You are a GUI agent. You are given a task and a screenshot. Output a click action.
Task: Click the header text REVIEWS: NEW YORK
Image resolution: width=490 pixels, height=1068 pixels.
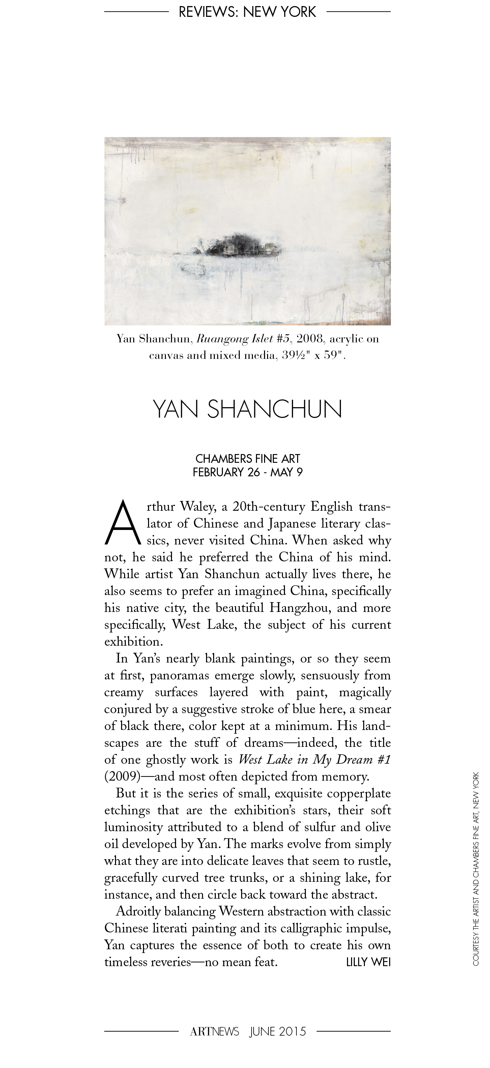(x=247, y=12)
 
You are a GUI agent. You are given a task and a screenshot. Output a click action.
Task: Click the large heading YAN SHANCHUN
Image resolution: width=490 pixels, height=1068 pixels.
(x=248, y=409)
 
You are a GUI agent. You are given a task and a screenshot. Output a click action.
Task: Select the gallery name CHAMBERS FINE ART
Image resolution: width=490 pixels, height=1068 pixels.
(x=248, y=458)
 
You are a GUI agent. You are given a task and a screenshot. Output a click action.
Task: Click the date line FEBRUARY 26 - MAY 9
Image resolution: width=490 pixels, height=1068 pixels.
(x=248, y=472)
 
